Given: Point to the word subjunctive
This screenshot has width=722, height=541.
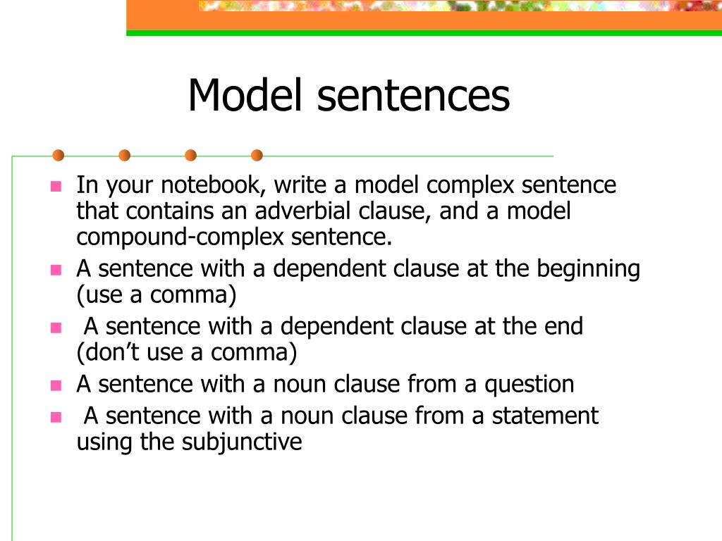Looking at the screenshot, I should click(x=242, y=442).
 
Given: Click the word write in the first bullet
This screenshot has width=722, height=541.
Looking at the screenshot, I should click(x=300, y=186).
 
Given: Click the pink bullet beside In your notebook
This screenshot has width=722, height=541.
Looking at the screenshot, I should click(x=56, y=187).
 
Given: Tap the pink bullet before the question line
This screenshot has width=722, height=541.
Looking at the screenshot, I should click(x=56, y=385).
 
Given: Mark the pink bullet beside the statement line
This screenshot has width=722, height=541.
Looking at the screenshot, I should click(x=56, y=416).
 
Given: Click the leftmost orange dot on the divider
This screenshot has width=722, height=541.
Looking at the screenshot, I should click(x=59, y=155).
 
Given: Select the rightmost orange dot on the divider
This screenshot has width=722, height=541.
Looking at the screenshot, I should click(x=257, y=155).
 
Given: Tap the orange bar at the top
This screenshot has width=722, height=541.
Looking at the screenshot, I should click(x=423, y=23).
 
